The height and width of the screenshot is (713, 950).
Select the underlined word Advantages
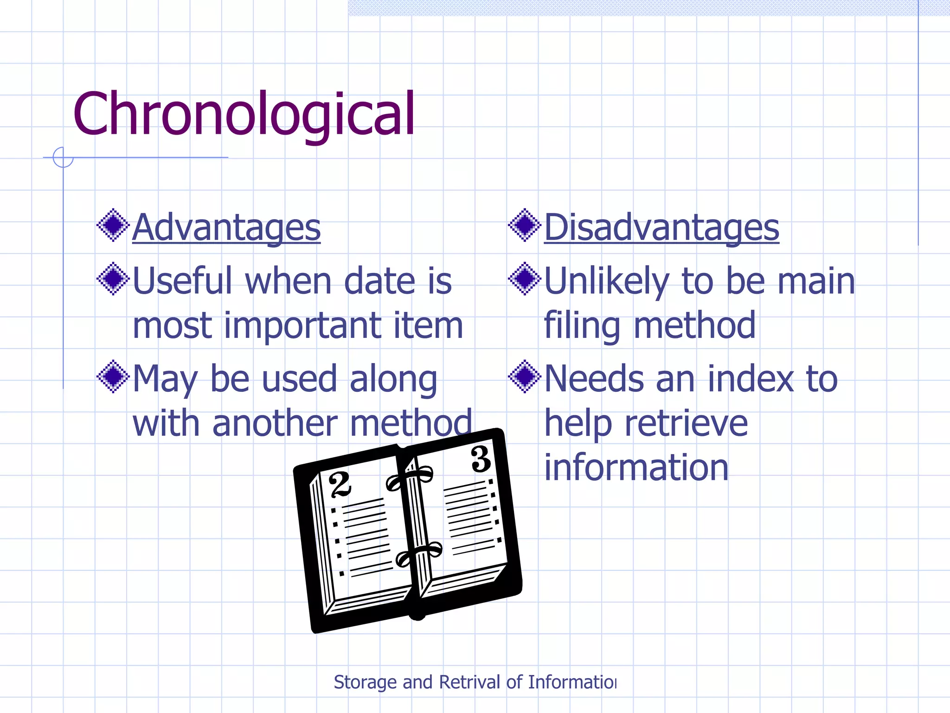226,227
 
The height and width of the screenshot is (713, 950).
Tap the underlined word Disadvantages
661,227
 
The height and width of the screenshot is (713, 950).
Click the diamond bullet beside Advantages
113,226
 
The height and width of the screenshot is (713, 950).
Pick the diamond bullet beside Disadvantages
525,226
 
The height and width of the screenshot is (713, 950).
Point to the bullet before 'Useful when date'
113,279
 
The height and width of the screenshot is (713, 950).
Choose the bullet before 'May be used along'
113,377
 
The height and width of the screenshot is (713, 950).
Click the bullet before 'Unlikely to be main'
525,279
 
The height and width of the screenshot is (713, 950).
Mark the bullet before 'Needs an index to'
525,377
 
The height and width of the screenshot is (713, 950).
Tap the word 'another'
275,423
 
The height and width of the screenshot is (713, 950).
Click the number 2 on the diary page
340,485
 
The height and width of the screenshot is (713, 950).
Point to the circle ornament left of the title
63,157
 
